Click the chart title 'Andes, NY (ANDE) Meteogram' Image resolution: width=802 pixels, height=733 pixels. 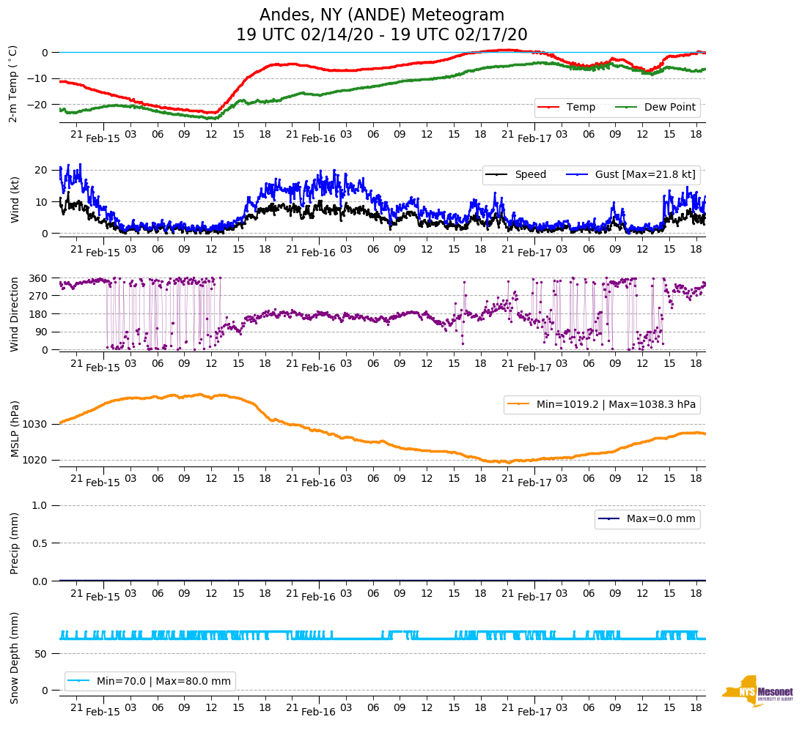pos(382,15)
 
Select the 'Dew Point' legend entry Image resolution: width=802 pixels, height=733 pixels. pos(669,107)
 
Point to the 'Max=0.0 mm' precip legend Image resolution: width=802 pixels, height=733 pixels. pos(661,518)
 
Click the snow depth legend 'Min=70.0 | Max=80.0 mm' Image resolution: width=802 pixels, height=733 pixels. pos(163,681)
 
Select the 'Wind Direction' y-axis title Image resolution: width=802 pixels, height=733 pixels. pos(14,314)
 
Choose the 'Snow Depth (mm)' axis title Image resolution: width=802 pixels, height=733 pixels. pos(14,658)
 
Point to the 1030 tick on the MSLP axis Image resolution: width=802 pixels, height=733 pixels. pos(37,424)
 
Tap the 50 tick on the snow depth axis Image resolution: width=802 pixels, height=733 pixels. pos(43,653)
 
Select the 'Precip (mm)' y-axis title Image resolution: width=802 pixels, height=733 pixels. pos(14,543)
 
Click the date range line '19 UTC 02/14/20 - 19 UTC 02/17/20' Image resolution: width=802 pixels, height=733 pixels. pos(382,35)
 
